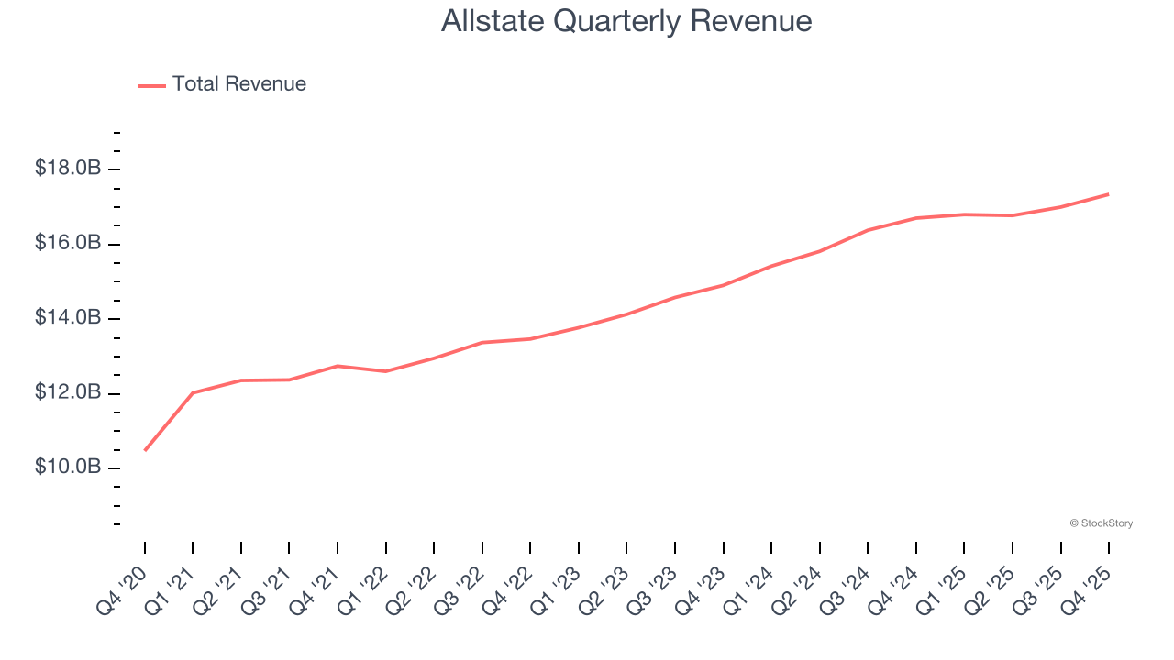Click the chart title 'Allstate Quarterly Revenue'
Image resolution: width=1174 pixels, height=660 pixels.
pyautogui.click(x=626, y=21)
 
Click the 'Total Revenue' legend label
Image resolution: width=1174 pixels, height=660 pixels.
pyautogui.click(x=238, y=84)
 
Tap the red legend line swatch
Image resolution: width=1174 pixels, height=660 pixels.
pyautogui.click(x=151, y=85)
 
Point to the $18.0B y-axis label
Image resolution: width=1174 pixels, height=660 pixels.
pyautogui.click(x=67, y=169)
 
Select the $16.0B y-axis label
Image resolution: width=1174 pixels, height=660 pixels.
pyautogui.click(x=67, y=244)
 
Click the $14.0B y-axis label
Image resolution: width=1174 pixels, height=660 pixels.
pyautogui.click(x=67, y=318)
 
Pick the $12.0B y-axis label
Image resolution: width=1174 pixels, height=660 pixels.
pyautogui.click(x=67, y=393)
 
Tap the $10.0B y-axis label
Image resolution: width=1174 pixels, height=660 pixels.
pyautogui.click(x=67, y=467)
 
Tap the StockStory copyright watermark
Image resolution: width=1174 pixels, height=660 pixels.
pyautogui.click(x=1101, y=523)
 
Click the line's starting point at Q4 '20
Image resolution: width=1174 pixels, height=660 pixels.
pyautogui.click(x=145, y=450)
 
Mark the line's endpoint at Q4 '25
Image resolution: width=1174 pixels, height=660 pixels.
pyautogui.click(x=1109, y=194)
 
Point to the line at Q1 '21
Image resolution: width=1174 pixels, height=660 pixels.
pyautogui.click(x=193, y=392)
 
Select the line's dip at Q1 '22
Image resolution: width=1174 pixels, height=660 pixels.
pyautogui.click(x=385, y=371)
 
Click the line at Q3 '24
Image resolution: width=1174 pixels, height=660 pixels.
pyautogui.click(x=868, y=230)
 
